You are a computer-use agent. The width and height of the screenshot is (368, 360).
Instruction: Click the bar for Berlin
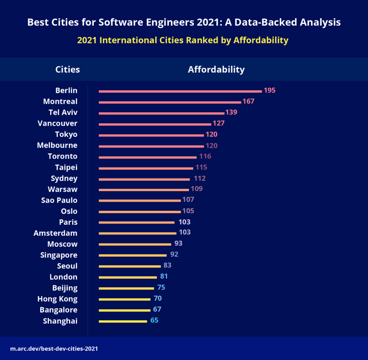coord(180,92)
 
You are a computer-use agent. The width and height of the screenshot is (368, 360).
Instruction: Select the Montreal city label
coord(60,102)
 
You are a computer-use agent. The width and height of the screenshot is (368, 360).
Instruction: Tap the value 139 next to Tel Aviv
coord(231,112)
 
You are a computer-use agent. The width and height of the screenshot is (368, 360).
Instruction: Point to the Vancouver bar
coord(155,125)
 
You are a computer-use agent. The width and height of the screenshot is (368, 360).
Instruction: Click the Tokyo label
coord(66,135)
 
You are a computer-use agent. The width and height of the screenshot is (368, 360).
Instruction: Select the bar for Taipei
coord(146,168)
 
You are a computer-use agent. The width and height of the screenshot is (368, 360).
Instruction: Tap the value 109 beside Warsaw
coord(197,189)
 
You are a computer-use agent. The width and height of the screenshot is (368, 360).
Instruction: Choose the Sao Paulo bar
coord(140,201)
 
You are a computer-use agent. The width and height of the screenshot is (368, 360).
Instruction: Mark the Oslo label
coord(69,211)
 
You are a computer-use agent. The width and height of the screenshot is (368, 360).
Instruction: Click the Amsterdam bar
coord(138,233)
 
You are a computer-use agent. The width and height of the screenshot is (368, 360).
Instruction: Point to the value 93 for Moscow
coord(178,243)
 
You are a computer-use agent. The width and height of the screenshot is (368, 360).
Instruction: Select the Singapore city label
coord(59,255)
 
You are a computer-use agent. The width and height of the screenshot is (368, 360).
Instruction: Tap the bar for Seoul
coord(130,266)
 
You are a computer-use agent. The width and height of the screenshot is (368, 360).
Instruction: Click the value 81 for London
coord(164,276)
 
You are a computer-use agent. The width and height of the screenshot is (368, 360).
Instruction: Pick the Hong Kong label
coord(57,299)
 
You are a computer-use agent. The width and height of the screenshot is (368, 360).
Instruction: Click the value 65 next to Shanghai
coord(154,320)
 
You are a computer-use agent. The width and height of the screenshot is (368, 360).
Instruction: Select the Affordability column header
coord(216,70)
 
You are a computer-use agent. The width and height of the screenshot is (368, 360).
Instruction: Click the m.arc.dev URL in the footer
coord(54,349)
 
